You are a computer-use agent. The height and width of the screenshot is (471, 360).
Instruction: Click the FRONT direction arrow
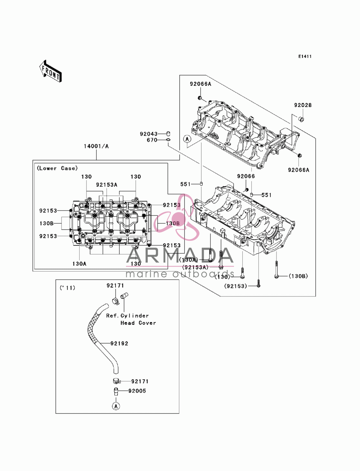50,71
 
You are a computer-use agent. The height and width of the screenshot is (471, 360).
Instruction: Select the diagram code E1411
305,56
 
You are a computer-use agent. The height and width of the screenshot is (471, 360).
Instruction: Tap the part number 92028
303,105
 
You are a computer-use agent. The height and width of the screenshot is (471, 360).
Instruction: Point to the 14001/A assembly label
96,146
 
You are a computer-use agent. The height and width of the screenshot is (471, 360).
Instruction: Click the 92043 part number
149,134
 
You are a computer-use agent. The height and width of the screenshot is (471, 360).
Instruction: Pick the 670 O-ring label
152,140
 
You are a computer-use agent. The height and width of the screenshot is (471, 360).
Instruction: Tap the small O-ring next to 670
168,140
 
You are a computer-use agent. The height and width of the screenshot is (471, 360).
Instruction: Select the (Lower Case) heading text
57,168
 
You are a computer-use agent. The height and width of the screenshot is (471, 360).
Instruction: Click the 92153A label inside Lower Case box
107,185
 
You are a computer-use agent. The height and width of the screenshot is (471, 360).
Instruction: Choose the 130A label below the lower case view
79,264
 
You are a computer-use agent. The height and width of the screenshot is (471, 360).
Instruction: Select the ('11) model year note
67,288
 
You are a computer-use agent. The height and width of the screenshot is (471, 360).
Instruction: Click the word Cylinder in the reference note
135,316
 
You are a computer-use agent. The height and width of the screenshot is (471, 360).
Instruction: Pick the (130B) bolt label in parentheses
298,276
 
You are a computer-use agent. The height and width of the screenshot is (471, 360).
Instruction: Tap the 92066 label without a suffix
246,176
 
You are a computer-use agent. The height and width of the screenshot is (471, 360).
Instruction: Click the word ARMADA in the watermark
180,256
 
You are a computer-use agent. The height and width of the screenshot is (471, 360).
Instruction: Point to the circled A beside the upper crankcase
187,139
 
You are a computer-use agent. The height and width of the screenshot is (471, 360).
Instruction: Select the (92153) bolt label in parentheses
235,286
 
